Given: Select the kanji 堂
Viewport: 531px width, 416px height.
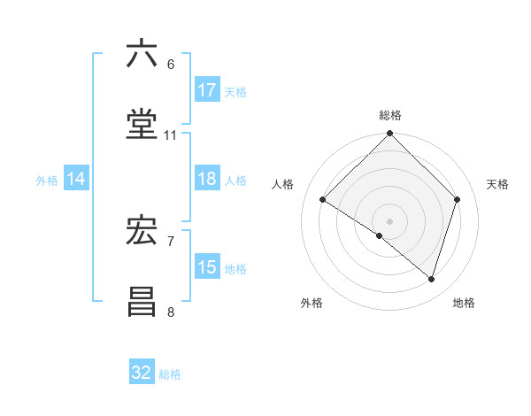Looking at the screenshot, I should pyautogui.click(x=142, y=125).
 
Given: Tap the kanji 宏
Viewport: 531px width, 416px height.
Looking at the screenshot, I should pyautogui.click(x=142, y=231).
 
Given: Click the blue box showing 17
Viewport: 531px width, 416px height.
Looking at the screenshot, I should pyautogui.click(x=207, y=90).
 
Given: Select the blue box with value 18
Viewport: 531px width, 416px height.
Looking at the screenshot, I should pyautogui.click(x=207, y=179).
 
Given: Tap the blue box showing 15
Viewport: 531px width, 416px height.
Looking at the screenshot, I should pyautogui.click(x=207, y=267).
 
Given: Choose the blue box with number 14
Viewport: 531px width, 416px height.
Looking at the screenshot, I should pyautogui.click(x=76, y=179).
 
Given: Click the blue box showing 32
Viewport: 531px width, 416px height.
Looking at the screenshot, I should pyautogui.click(x=142, y=373).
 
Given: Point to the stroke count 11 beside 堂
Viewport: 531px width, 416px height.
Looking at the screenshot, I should pyautogui.click(x=171, y=135).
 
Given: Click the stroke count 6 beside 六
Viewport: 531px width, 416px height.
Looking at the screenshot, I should pyautogui.click(x=171, y=64).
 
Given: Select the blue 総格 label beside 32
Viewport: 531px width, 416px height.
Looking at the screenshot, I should pyautogui.click(x=170, y=374).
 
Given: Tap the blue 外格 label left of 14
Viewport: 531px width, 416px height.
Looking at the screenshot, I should pyautogui.click(x=47, y=180).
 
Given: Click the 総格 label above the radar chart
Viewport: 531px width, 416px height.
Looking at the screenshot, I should pyautogui.click(x=390, y=115).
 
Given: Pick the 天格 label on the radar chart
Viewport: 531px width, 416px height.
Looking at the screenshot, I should pyautogui.click(x=497, y=184).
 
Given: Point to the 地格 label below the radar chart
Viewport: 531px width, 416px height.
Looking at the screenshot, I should pyautogui.click(x=464, y=303).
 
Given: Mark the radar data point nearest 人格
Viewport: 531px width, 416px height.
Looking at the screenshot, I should pyautogui.click(x=323, y=200).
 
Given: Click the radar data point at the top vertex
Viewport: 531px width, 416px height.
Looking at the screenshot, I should pyautogui.click(x=390, y=135).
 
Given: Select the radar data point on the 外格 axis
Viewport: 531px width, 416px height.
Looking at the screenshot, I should pyautogui.click(x=380, y=236).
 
